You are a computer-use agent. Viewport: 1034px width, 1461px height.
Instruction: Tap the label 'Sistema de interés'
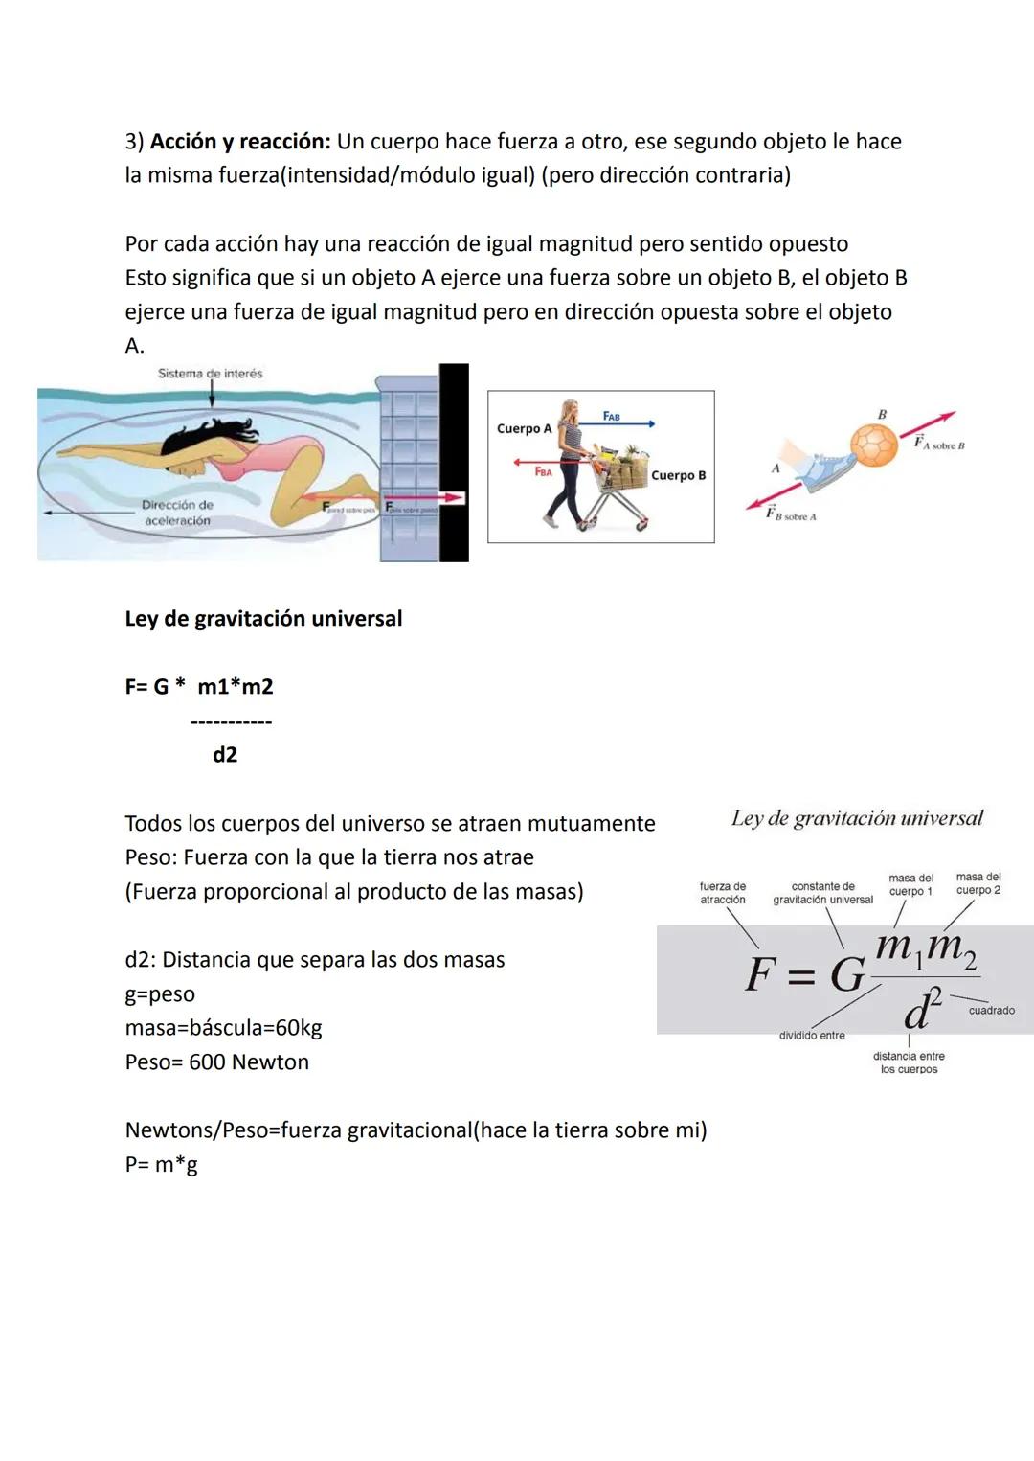(x=210, y=374)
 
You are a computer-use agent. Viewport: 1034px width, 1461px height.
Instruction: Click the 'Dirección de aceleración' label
(x=177, y=513)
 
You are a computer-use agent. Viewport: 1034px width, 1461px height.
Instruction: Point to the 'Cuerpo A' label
(x=524, y=428)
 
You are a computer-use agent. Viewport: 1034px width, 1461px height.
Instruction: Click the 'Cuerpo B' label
(x=678, y=475)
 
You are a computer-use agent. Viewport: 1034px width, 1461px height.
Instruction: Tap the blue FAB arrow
(x=627, y=423)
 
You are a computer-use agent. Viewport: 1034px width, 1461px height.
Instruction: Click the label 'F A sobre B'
(x=939, y=444)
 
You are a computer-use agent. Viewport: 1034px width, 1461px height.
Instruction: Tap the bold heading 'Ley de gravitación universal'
(x=263, y=619)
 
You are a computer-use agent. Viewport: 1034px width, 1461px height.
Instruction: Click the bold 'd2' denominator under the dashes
(x=225, y=755)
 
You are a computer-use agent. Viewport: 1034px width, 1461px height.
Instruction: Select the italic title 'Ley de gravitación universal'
(x=857, y=818)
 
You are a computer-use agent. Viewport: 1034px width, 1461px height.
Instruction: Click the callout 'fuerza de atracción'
(x=722, y=893)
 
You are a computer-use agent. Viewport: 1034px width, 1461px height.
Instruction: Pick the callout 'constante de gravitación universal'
(x=822, y=893)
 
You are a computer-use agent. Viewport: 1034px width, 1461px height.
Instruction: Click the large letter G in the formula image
(x=847, y=976)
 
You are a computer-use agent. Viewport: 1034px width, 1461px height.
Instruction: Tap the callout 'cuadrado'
(x=991, y=1011)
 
